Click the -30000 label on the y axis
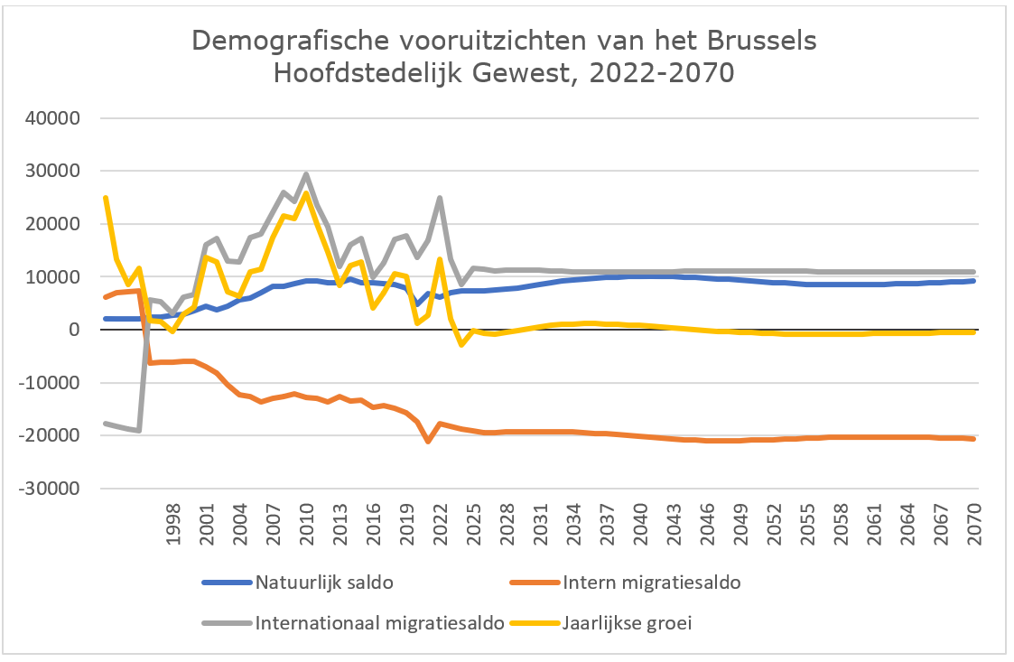pos(52,489)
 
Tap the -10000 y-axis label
pos(52,383)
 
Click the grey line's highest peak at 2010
pos(306,174)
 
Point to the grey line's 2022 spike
pos(439,197)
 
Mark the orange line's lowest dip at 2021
pos(428,442)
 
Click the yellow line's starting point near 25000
pos(106,197)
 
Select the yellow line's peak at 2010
pos(306,192)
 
